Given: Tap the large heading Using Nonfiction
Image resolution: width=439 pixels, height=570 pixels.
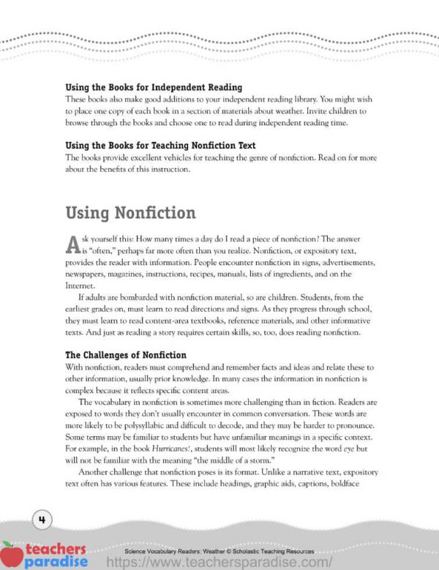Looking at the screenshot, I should click(130, 213).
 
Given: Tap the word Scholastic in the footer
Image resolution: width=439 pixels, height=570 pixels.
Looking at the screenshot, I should click(248, 551).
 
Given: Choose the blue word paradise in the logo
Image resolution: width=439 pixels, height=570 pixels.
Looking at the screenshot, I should click(56, 561).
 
